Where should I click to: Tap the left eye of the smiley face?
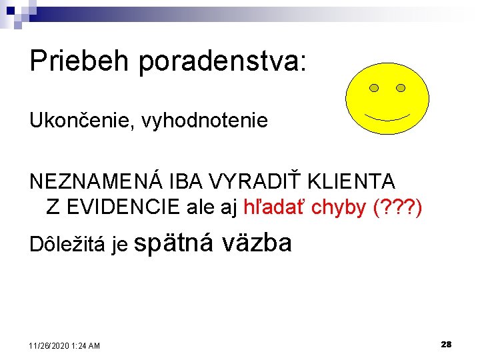[x=374, y=88]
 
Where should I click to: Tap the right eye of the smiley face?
[x=401, y=88]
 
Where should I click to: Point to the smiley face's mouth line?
[x=387, y=117]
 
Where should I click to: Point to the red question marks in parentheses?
[x=399, y=207]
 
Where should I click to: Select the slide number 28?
[x=446, y=344]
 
